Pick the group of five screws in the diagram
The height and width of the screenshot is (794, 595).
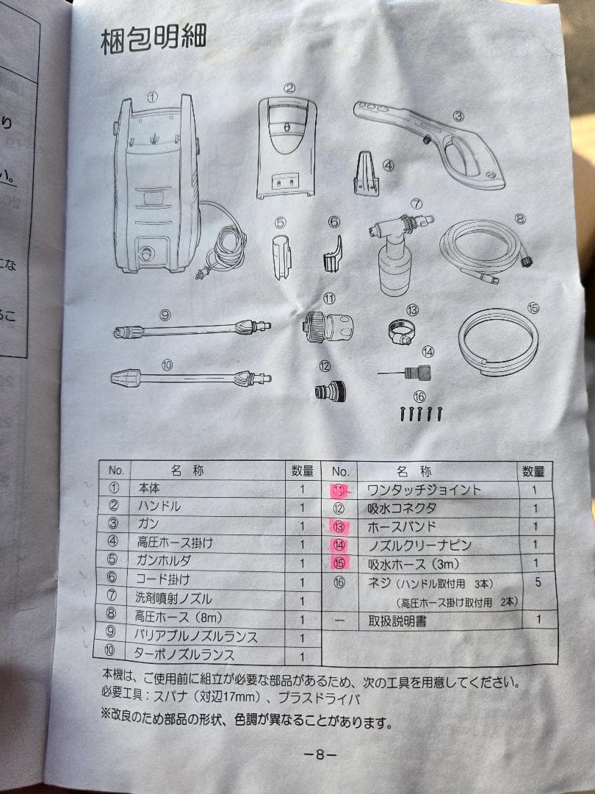421,413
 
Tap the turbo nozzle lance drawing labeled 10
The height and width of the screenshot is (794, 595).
191,379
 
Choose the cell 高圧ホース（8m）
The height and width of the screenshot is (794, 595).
178,616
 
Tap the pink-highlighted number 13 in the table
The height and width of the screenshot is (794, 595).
339,527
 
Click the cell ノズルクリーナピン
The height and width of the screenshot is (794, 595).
419,546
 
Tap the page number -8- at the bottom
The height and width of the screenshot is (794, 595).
320,755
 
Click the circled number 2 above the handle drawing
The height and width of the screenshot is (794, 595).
290,88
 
